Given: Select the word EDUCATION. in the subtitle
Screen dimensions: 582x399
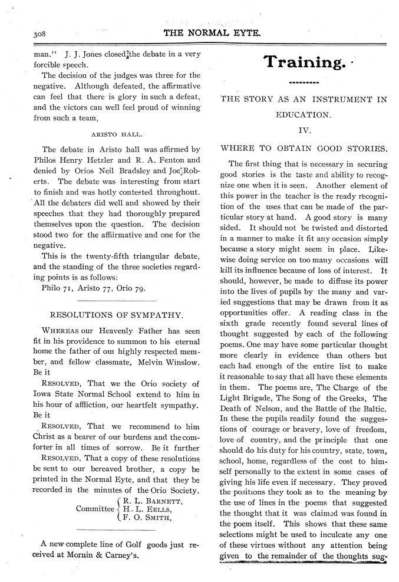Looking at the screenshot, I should coord(304,116).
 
